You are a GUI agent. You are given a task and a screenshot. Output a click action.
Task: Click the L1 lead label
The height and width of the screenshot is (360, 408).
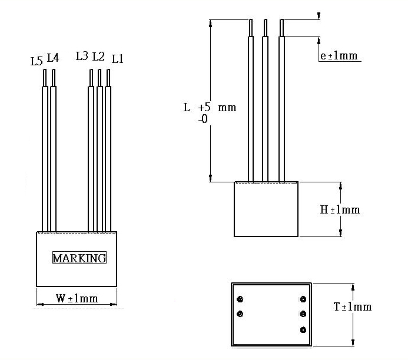pyautogui.click(x=117, y=59)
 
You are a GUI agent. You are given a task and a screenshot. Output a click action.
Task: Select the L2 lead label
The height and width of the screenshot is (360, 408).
pyautogui.click(x=98, y=57)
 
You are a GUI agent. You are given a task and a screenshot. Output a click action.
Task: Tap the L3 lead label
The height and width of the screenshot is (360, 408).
pyautogui.click(x=82, y=56)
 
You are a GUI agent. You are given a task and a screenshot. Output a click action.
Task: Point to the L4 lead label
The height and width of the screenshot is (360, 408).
pyautogui.click(x=52, y=58)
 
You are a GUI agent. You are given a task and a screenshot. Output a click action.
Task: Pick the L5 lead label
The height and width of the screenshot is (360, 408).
pyautogui.click(x=36, y=61)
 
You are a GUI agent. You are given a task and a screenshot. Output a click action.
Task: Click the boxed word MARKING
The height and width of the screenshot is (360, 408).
pyautogui.click(x=79, y=258)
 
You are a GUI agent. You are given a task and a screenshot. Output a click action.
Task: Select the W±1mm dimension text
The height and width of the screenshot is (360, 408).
pyautogui.click(x=77, y=298)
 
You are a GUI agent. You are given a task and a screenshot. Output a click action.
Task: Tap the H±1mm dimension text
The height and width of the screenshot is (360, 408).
pyautogui.click(x=340, y=209)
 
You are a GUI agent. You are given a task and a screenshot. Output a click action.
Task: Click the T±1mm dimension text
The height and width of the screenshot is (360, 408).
pyautogui.click(x=352, y=307)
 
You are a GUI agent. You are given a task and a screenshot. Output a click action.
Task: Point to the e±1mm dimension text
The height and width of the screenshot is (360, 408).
pyautogui.click(x=339, y=56)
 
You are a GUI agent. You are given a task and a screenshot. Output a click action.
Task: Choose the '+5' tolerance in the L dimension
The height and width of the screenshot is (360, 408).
pyautogui.click(x=204, y=108)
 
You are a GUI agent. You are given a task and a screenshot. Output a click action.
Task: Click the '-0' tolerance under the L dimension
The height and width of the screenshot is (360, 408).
pyautogui.click(x=203, y=119)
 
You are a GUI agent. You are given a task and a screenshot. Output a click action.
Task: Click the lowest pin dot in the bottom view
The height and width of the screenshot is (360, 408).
pyautogui.click(x=303, y=330)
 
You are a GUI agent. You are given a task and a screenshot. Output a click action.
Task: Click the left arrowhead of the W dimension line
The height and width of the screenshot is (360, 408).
pyautogui.click(x=39, y=304)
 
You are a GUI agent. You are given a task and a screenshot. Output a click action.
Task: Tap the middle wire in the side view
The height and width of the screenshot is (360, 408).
pyautogui.click(x=266, y=106)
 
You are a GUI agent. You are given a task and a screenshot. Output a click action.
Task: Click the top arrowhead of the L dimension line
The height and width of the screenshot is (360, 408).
pyautogui.click(x=210, y=23)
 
